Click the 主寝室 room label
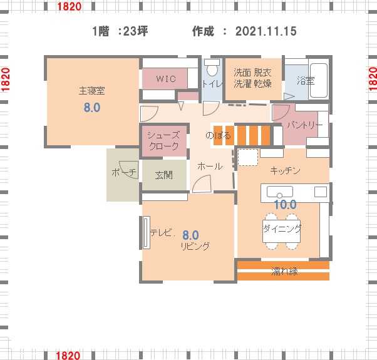click(x=92, y=91)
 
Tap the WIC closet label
click(x=166, y=79)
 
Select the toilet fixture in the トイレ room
click(x=212, y=67)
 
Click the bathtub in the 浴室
click(x=319, y=80)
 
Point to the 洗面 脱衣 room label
click(x=252, y=73)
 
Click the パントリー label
click(x=305, y=125)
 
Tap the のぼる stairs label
click(x=218, y=135)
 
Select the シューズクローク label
click(x=163, y=141)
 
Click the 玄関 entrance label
click(x=164, y=175)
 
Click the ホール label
click(x=210, y=166)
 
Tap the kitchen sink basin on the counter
click(x=280, y=192)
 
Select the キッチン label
click(x=285, y=171)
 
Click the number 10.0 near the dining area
click(x=285, y=205)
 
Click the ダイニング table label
click(x=282, y=229)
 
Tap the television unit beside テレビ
click(x=146, y=232)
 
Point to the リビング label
click(x=195, y=246)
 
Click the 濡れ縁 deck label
click(x=285, y=271)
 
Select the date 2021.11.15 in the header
click(x=266, y=31)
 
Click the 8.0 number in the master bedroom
click(x=92, y=107)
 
